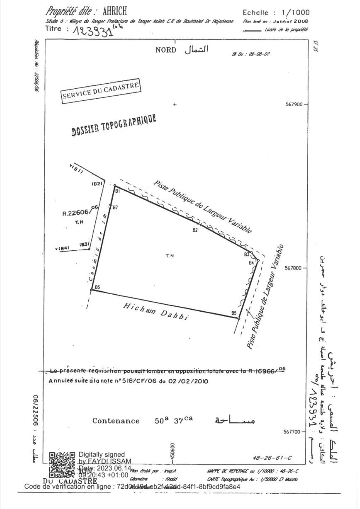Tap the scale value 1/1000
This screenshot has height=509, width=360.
pos(295,12)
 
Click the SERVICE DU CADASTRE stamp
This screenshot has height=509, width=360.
pos(102,90)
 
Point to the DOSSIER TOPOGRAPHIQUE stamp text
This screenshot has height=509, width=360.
pos(114,125)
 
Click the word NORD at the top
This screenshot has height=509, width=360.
pos(166,50)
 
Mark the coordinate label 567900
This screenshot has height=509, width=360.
pos(294,105)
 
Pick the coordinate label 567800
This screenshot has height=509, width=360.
pos(294,268)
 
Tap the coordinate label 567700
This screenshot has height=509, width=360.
pos(294,432)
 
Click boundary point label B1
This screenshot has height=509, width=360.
pos(118,191)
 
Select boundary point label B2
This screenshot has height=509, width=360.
pos(195,230)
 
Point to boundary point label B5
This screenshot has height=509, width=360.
pos(234,313)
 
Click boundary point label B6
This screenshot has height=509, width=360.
pos(97,287)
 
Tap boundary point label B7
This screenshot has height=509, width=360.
pos(116,207)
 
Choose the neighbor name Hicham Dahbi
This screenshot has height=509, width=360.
pos(156,311)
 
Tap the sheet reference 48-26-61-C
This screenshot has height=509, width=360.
pos(272,458)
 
